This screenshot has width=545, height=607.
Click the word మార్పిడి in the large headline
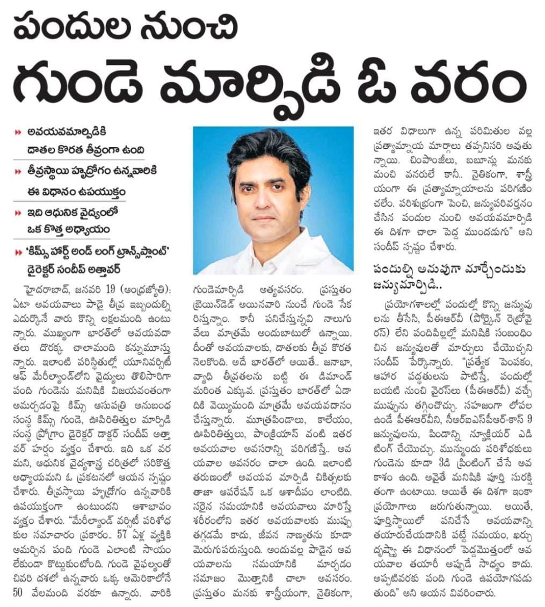[274, 86]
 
